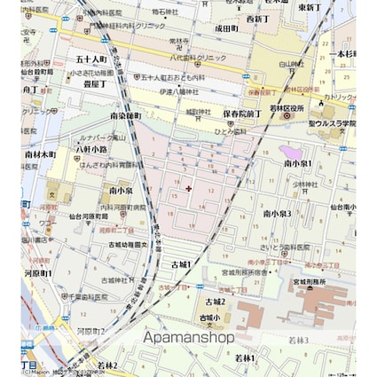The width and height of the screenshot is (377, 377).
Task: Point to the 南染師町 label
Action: pos(127,116)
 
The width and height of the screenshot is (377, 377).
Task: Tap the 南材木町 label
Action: pos(41,153)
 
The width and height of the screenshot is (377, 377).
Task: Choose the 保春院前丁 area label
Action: pos(241,114)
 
